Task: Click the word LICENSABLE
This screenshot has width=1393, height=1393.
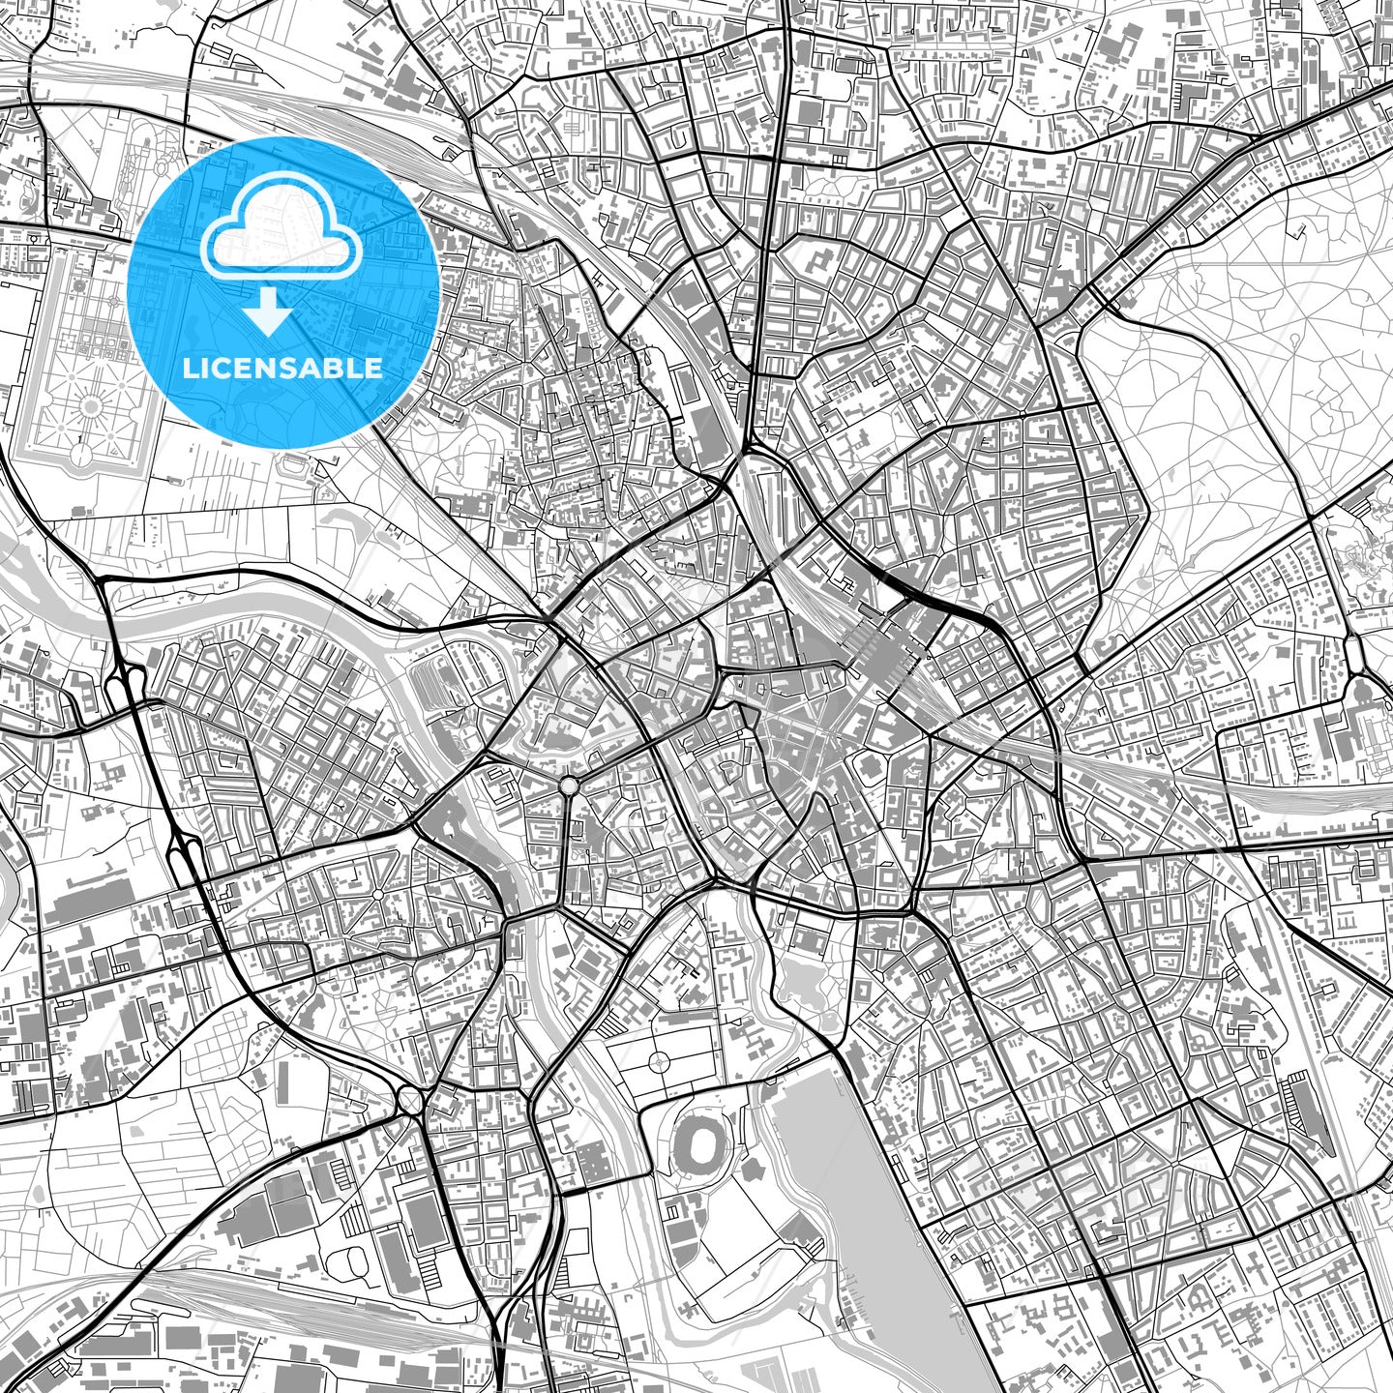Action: (x=282, y=368)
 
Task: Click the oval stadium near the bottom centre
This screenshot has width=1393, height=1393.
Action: (x=702, y=1148)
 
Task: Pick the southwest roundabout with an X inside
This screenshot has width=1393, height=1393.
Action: (x=409, y=1100)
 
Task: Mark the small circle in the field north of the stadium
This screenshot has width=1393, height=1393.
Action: (x=658, y=1062)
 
